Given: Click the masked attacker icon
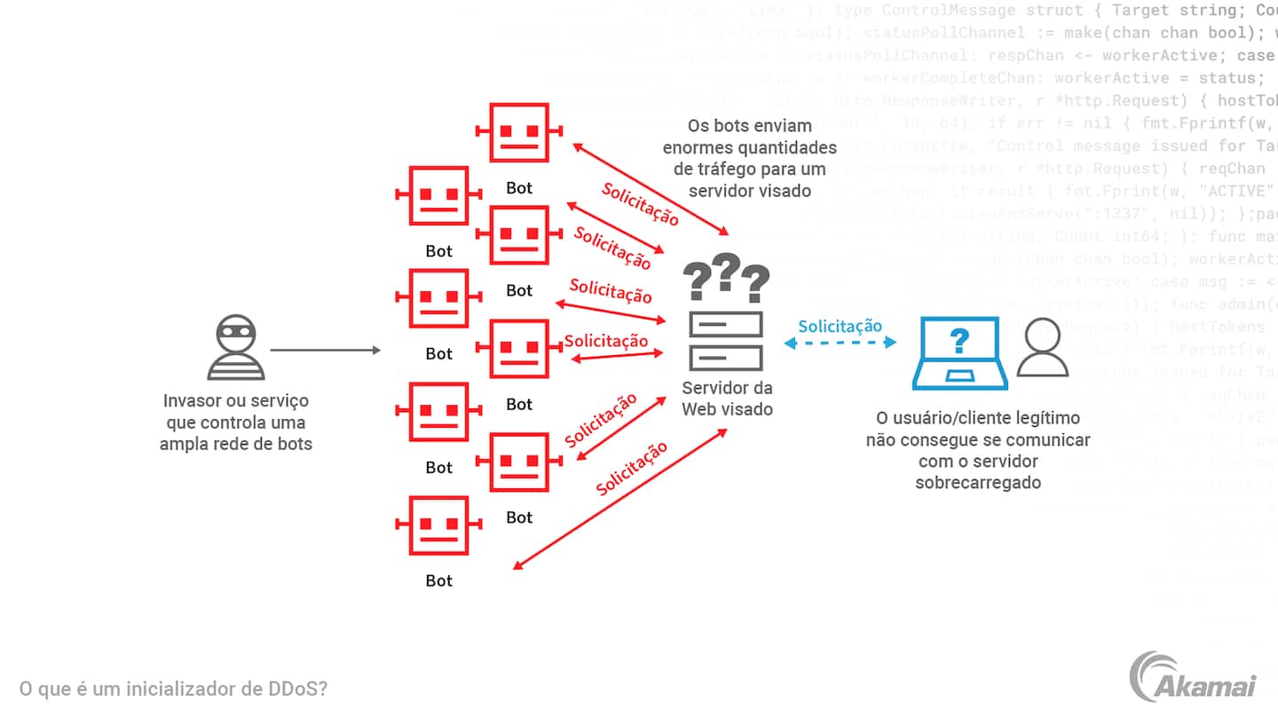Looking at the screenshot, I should pos(236,347).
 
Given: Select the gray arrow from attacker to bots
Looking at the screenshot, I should pos(325,351).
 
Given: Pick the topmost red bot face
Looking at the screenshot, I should pos(519,132).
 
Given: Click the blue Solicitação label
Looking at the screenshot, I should pos(840,326).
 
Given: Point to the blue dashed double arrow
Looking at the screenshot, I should pos(840,344).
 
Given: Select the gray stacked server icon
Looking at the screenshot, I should pos(726,341).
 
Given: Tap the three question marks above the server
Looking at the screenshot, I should pos(726,278).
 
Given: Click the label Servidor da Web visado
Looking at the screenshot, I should pos(727,399).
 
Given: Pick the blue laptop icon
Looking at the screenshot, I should pos(959,353).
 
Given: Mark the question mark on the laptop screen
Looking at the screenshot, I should pos(959,341).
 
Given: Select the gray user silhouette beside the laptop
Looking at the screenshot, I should pos(1042,347).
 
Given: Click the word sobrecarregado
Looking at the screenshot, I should pos(978,483).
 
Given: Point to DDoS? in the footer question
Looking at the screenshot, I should pos(297,689).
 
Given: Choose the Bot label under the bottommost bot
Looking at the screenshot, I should pos(438,581).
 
